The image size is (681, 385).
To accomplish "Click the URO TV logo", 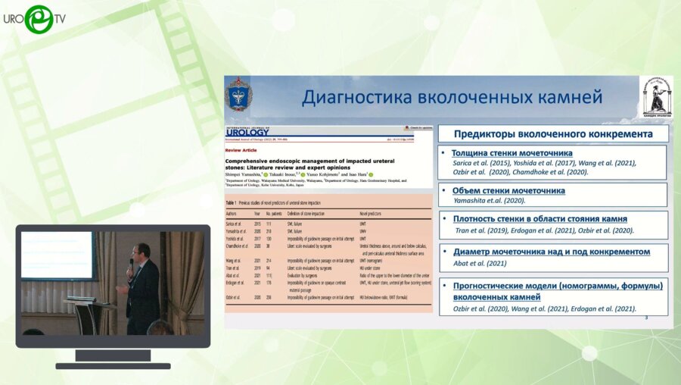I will coord(38,20).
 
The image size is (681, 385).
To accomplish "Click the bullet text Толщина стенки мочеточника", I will coord(512,153).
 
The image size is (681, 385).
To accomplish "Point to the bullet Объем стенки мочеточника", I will coord(508,190).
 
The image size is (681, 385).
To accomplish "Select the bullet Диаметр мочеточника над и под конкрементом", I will coord(551,251).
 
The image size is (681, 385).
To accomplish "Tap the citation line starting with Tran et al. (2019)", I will coord(543,230).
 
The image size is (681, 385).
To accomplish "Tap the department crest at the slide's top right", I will coord(655,95).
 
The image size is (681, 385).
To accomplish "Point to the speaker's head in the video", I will coord(142,250).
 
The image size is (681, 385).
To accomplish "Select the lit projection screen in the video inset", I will coord(55,255).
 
